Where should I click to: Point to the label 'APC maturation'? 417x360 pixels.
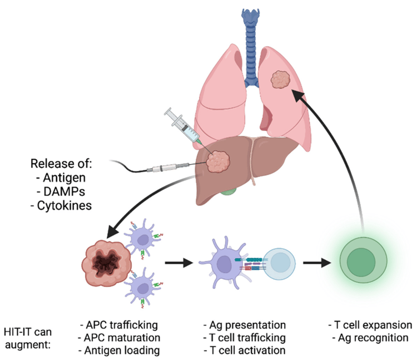(120, 338)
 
